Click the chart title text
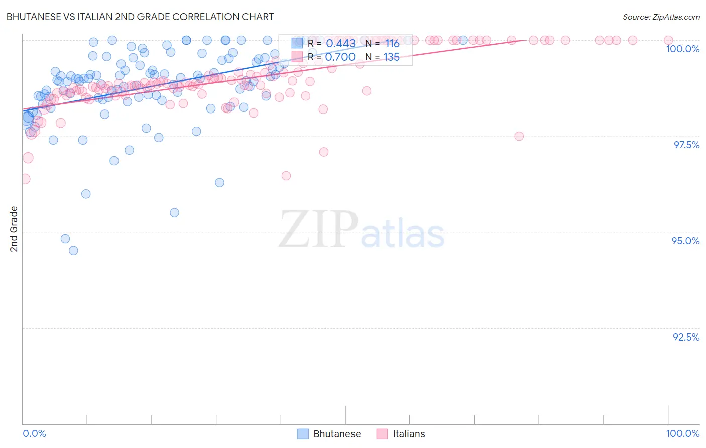140,17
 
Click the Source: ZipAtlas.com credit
661,17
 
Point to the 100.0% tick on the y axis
682,49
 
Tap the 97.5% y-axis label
686,145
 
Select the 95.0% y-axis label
685,241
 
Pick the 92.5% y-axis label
686,337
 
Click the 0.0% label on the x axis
35,433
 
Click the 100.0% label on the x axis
682,433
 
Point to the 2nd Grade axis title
14,229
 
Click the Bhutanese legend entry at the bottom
329,434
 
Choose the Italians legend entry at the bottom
401,434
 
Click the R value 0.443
340,44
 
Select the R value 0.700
340,57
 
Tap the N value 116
392,44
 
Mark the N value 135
392,57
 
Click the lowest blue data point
73,250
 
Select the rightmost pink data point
668,40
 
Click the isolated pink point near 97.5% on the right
519,136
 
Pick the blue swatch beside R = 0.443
297,44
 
